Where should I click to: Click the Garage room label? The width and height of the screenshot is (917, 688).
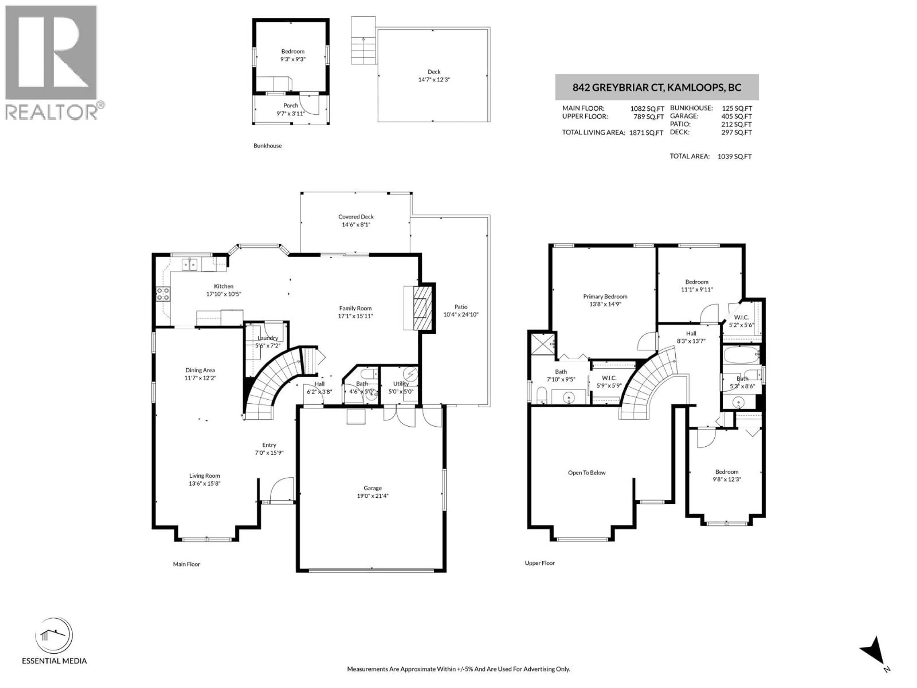click(x=372, y=488)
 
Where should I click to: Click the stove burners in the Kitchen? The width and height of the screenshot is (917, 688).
click(x=163, y=294)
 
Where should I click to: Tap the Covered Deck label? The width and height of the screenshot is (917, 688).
click(x=356, y=216)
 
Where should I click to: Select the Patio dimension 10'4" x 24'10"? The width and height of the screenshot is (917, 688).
click(x=461, y=314)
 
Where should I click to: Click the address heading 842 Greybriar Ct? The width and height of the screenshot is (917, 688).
click(x=657, y=87)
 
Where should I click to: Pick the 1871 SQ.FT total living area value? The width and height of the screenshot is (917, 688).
click(x=646, y=133)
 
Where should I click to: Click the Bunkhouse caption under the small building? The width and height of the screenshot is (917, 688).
click(x=267, y=145)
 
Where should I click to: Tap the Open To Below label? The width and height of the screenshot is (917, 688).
click(x=586, y=472)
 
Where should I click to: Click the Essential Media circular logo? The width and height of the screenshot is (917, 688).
click(x=54, y=636)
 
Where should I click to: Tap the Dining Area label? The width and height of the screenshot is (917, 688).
click(x=200, y=370)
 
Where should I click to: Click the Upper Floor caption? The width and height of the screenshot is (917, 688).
click(x=539, y=563)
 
